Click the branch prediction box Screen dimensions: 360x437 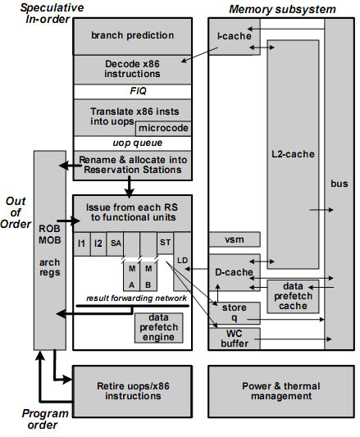click(133, 36)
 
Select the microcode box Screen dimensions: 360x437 click(163, 128)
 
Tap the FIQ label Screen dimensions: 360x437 click(138, 91)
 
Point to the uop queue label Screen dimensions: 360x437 click(138, 143)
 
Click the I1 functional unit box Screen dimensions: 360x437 click(82, 244)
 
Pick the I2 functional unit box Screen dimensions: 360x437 click(98, 244)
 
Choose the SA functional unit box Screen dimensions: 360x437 click(115, 244)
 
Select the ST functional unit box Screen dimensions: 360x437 click(166, 243)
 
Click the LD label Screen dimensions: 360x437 click(182, 261)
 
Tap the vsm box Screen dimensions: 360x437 click(235, 239)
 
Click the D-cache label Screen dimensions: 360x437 click(234, 272)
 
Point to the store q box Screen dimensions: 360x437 click(235, 313)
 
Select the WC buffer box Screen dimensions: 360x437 click(235, 339)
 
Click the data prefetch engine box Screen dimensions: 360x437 click(158, 327)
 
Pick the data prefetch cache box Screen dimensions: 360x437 click(293, 296)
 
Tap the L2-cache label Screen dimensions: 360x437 click(293, 154)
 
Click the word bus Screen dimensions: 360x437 click(339, 184)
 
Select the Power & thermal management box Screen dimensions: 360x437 click(281, 391)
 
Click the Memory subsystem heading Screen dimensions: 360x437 click(282, 10)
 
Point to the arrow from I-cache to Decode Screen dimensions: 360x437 click(199, 55)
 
